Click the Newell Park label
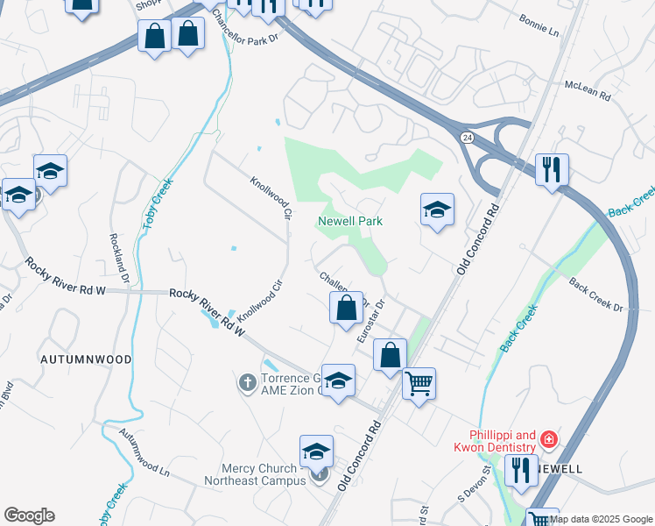coord(350,222)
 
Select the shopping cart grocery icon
coord(419,382)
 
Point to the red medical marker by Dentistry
coord(549,438)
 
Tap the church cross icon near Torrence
coord(247,382)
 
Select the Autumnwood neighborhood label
coord(86,359)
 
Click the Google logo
coord(29,515)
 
